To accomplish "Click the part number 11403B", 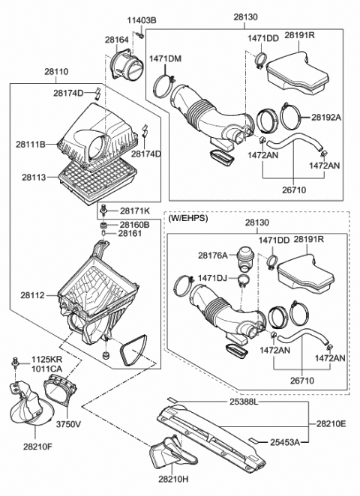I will coord(141,19).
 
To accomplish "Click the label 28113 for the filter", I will coord(34,178).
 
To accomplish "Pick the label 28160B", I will coord(135,224).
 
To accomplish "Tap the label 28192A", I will coord(326,117).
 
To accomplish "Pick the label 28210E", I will coord(331,424).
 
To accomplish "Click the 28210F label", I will coord(36,447).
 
